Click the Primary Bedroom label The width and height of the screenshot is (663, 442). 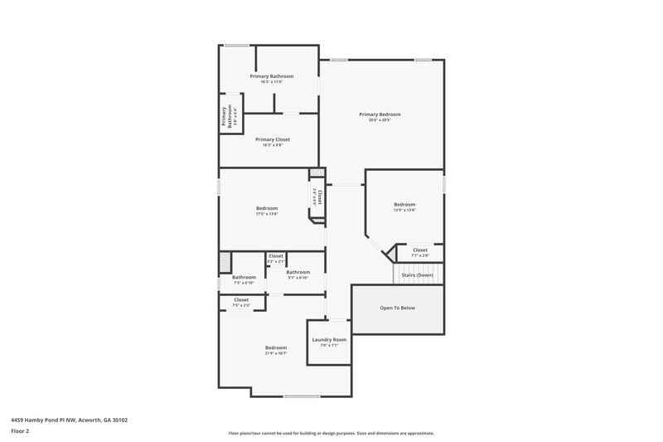(x=380, y=114)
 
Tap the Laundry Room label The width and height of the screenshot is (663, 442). (x=329, y=339)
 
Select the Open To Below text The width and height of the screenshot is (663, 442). (x=397, y=308)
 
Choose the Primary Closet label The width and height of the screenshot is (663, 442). (x=272, y=139)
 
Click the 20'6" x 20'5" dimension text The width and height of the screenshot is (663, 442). (x=380, y=120)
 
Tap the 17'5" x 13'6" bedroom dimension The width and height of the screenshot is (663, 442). (x=267, y=214)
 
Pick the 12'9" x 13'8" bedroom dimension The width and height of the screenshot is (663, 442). (x=404, y=211)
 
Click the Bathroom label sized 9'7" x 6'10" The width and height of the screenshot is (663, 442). (x=298, y=272)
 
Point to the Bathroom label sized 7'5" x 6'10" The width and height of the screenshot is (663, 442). (x=244, y=277)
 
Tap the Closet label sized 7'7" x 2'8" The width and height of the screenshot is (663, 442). (x=420, y=250)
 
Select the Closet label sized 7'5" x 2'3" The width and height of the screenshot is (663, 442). (x=241, y=299)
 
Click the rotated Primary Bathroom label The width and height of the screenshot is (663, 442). (x=224, y=116)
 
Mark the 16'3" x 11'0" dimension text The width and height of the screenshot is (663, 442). (x=272, y=82)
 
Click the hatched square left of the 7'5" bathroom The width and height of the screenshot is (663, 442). (x=224, y=262)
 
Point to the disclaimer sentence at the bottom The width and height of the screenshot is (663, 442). (x=331, y=433)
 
